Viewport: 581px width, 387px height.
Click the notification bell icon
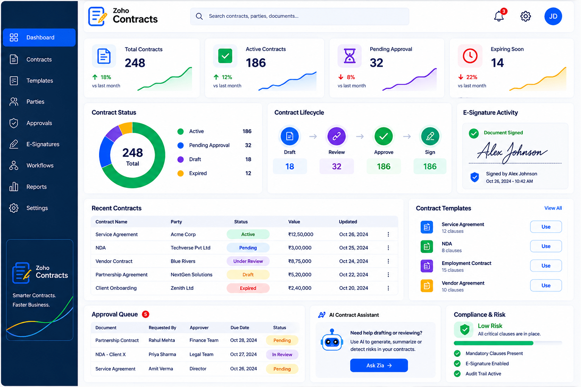499,16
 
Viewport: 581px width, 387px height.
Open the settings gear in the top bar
525,16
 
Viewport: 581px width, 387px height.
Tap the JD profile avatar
553,16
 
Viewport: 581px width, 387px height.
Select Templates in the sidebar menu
39,80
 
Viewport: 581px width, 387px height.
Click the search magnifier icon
199,16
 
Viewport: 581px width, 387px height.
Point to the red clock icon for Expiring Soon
470,56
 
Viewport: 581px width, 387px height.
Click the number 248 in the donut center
132,153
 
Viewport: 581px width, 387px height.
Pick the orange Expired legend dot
180,173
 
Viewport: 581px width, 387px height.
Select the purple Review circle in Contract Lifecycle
336,136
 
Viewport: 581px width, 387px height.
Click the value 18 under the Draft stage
290,166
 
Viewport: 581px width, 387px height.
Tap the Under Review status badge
248,261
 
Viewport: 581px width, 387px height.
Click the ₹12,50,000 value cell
301,235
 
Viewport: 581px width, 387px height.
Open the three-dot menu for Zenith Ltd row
388,288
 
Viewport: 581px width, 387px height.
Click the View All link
553,208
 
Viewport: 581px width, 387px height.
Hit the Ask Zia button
379,365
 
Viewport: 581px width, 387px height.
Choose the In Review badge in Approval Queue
282,354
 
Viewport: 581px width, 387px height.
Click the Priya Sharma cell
162,354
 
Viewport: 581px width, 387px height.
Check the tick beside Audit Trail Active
457,374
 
